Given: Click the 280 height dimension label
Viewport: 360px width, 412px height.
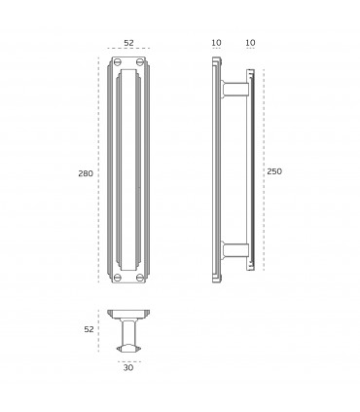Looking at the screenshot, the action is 86,173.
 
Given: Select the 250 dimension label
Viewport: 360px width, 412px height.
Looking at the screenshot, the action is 274,171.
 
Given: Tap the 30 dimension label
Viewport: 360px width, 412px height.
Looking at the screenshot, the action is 128,368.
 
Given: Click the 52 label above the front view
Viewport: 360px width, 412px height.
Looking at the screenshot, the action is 128,43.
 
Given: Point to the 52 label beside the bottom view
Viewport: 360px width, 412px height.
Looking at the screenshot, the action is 89,329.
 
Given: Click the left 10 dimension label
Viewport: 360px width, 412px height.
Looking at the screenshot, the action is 216,43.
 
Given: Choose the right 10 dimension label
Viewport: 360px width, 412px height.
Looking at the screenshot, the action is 251,43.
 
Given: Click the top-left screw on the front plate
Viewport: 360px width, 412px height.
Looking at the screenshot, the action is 118,61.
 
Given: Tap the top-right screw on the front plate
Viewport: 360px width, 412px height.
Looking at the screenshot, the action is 140,61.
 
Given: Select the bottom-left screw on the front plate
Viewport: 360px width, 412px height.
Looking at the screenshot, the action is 118,278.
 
